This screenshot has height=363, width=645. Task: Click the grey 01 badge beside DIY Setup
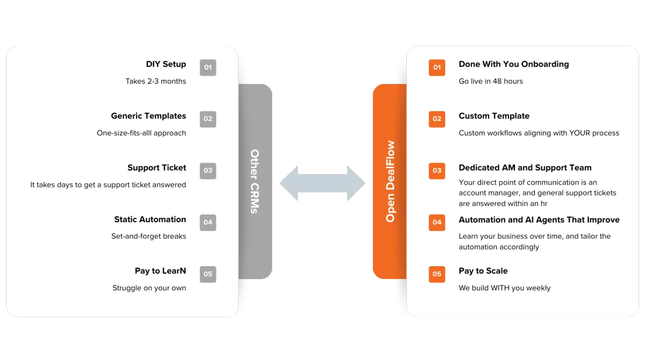click(208, 68)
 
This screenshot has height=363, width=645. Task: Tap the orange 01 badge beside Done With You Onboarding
click(437, 68)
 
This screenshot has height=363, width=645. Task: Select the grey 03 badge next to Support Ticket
click(208, 171)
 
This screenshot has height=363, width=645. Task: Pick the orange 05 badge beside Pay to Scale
click(437, 274)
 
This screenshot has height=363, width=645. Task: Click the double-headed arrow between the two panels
click(322, 183)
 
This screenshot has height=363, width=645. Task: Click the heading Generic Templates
click(148, 116)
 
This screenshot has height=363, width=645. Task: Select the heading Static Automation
click(150, 219)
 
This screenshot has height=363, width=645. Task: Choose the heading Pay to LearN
click(160, 271)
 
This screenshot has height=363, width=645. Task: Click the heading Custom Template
click(494, 116)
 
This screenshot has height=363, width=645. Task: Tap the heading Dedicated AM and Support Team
click(525, 168)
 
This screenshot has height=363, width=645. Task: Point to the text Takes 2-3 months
click(156, 81)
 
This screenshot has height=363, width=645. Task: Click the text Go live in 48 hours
click(491, 81)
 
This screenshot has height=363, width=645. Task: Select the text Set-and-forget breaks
click(149, 236)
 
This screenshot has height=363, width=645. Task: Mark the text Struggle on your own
click(149, 288)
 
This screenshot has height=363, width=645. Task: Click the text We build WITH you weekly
click(504, 288)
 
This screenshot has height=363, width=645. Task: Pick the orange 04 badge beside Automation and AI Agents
click(437, 223)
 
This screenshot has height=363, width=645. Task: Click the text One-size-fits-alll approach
click(141, 133)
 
